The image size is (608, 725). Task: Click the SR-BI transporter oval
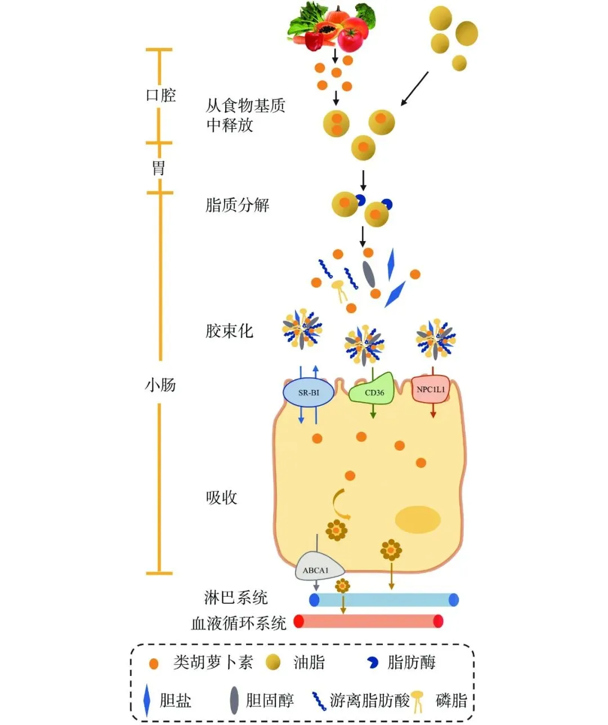click(308, 393)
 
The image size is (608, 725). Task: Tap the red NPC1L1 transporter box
click(431, 389)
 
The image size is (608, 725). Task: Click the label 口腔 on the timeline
click(161, 95)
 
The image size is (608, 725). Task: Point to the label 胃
click(159, 167)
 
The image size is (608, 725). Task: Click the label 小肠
click(160, 385)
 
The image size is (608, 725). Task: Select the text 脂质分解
click(237, 205)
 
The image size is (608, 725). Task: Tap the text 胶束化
click(229, 331)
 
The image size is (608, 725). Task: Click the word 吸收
click(221, 497)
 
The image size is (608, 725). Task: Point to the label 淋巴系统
click(235, 598)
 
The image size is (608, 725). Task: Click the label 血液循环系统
click(239, 623)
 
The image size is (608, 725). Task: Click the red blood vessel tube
click(369, 621)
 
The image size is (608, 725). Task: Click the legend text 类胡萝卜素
click(213, 662)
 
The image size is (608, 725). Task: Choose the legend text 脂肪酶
click(411, 662)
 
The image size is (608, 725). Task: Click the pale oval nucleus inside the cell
click(417, 519)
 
